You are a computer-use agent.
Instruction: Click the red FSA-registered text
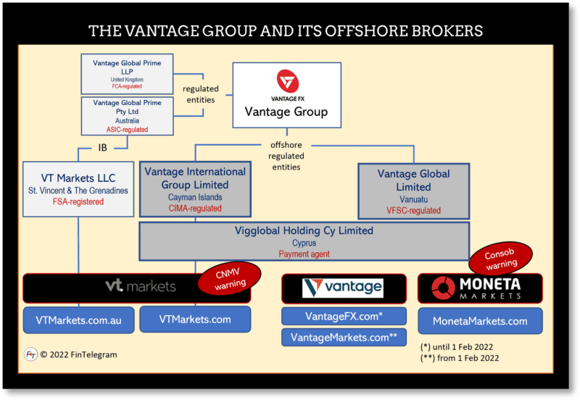(78, 201)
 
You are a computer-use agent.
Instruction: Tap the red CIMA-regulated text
(195, 209)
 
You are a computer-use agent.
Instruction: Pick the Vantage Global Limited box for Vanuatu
(414, 190)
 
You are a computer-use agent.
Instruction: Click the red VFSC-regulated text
(414, 210)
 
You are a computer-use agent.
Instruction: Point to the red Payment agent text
(304, 254)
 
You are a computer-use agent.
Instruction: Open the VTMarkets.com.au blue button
(78, 320)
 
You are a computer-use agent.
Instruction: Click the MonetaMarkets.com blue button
(480, 321)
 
